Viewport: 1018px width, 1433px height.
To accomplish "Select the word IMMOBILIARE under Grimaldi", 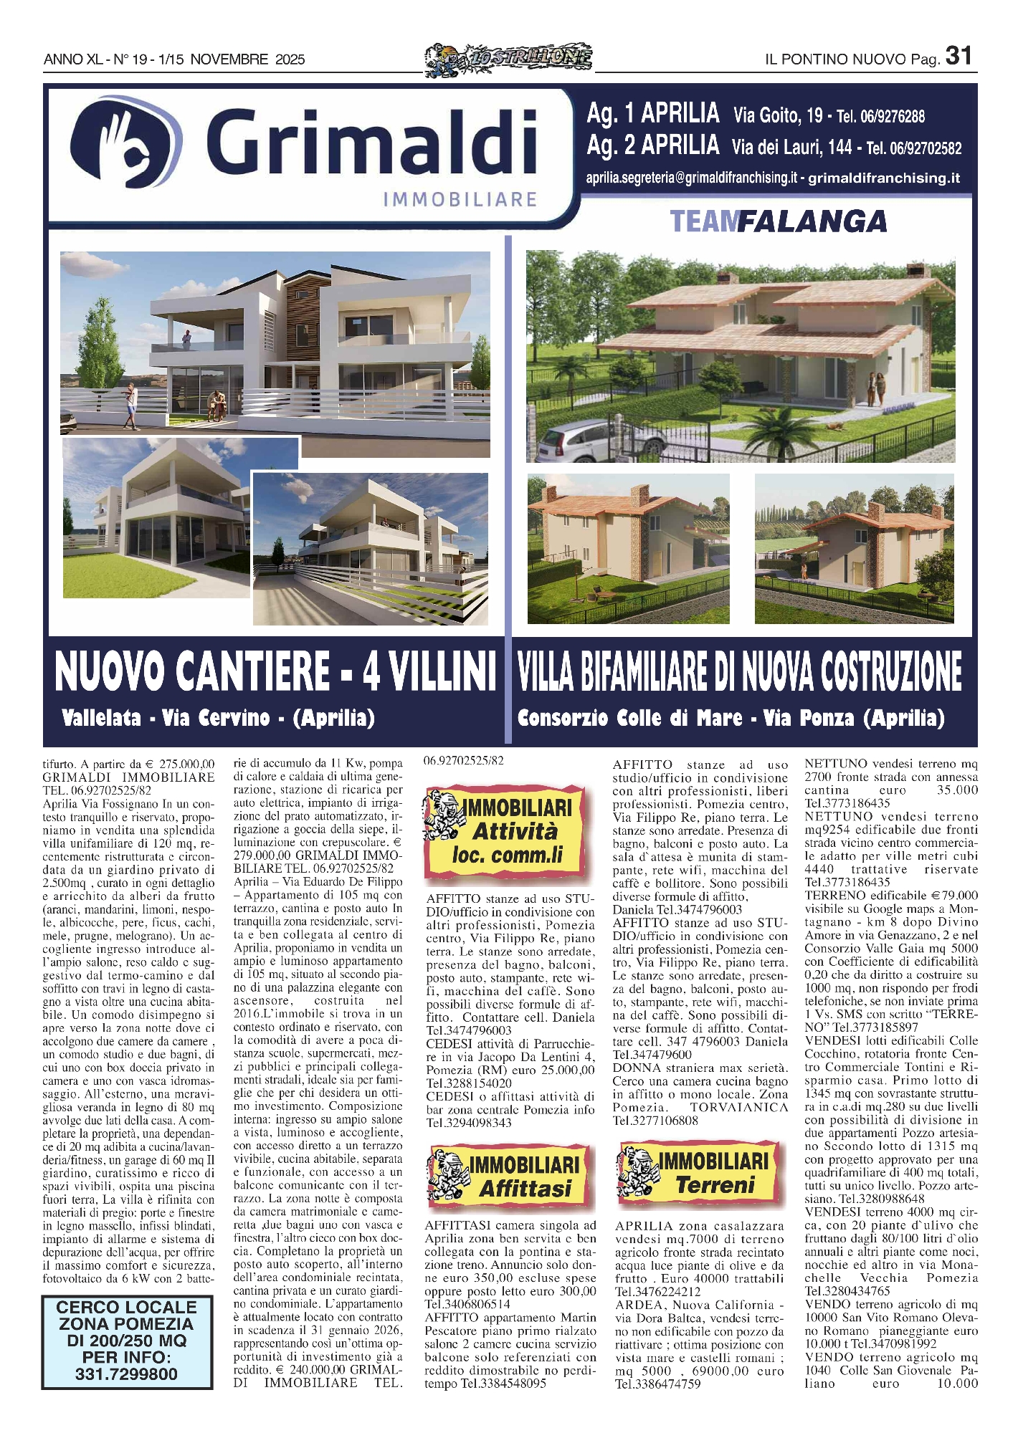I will click(x=460, y=198).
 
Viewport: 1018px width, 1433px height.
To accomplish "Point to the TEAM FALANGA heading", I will click(x=778, y=222).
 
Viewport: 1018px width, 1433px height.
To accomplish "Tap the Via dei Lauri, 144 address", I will click(x=791, y=148).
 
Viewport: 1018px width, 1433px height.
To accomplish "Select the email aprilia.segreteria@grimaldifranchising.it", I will click(x=691, y=178).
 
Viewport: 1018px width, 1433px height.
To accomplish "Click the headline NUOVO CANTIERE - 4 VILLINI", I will click(x=275, y=671).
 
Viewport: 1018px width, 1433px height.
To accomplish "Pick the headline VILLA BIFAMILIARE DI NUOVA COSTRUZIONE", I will click(x=739, y=671).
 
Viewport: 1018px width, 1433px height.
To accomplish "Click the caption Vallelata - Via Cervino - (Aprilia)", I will click(x=218, y=718).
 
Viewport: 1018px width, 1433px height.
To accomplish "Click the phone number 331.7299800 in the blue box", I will click(x=126, y=1374).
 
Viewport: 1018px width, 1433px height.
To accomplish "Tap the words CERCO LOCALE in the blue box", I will click(x=126, y=1308).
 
